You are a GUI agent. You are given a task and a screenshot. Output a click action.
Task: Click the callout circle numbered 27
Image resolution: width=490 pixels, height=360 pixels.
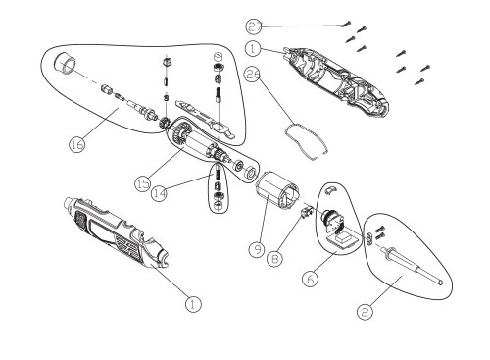pyautogui.click(x=254, y=26)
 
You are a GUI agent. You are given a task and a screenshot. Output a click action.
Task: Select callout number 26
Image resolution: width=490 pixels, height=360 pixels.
pyautogui.click(x=253, y=75)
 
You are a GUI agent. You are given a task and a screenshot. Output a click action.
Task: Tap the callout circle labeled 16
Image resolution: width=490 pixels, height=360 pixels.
pyautogui.click(x=77, y=144)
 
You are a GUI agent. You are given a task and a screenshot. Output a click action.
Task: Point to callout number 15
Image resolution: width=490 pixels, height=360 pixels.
pyautogui.click(x=143, y=183)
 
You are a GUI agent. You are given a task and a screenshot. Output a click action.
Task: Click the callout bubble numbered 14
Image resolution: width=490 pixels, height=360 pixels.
pyautogui.click(x=160, y=193)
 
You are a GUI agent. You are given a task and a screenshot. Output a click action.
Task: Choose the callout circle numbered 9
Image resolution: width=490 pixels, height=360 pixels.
pyautogui.click(x=257, y=249)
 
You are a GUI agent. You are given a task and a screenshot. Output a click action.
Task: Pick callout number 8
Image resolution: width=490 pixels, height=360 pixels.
pyautogui.click(x=275, y=259)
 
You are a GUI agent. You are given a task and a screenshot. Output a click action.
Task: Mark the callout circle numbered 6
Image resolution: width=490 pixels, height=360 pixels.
pyautogui.click(x=311, y=279)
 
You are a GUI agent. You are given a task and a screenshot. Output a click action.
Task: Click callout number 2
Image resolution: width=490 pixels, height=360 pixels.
pyautogui.click(x=365, y=312)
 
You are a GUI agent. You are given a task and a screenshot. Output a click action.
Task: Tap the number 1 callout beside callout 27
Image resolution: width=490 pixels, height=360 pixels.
pyautogui.click(x=253, y=49)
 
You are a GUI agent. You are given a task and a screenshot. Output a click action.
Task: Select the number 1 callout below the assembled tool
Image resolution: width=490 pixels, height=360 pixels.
pyautogui.click(x=193, y=304)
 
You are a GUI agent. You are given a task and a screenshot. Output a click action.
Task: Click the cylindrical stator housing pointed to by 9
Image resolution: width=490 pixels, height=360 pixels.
pyautogui.click(x=276, y=190)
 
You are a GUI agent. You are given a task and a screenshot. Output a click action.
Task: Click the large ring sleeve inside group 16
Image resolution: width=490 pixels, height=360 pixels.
pyautogui.click(x=66, y=64)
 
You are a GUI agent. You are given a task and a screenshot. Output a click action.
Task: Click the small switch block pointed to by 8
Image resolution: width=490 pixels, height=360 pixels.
pyautogui.click(x=305, y=213)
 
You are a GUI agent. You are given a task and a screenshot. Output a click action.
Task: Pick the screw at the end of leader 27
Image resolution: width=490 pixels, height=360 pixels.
pyautogui.click(x=347, y=24)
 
